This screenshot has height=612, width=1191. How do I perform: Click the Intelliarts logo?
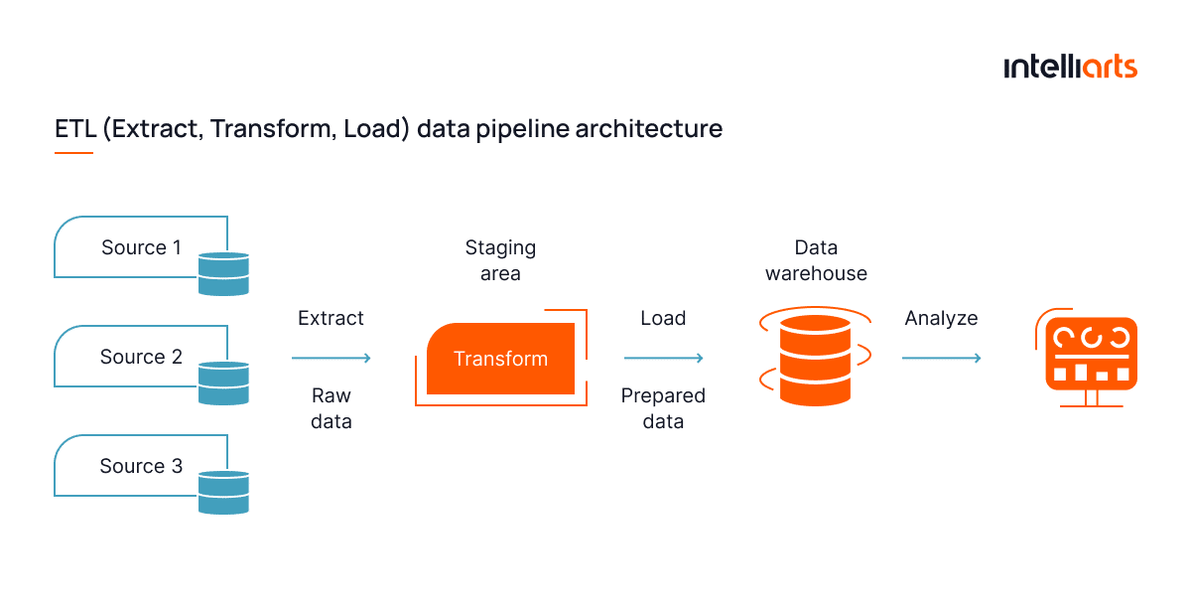(1069, 68)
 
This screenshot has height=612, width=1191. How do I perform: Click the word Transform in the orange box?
(500, 359)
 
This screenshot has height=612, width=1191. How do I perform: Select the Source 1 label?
(141, 247)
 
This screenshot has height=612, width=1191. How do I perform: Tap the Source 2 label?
(141, 357)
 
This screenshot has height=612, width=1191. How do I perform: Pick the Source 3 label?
(141, 466)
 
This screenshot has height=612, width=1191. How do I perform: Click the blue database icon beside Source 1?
(223, 274)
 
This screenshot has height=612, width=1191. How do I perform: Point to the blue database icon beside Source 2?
(223, 383)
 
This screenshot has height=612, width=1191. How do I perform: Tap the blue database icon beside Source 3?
(223, 493)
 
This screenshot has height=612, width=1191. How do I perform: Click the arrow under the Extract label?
(331, 358)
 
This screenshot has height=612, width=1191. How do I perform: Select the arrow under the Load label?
(664, 358)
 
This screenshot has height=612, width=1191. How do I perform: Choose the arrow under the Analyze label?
(942, 358)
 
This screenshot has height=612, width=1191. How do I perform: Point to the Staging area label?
(500, 260)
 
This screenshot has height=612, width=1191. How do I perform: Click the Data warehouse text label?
(816, 260)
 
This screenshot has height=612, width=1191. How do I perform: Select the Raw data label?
(331, 408)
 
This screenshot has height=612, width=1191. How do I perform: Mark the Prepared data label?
(663, 408)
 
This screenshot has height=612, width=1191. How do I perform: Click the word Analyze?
(941, 318)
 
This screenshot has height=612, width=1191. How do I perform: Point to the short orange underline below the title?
(73, 153)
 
